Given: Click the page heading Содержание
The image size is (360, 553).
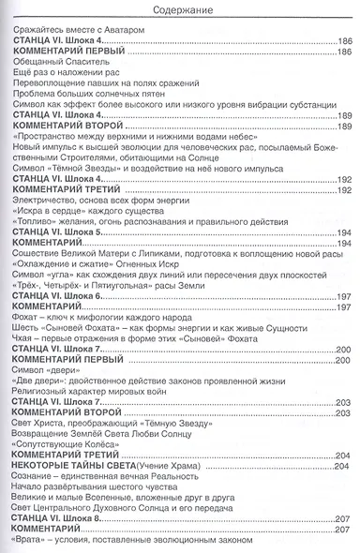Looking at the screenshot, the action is pos(180,11).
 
